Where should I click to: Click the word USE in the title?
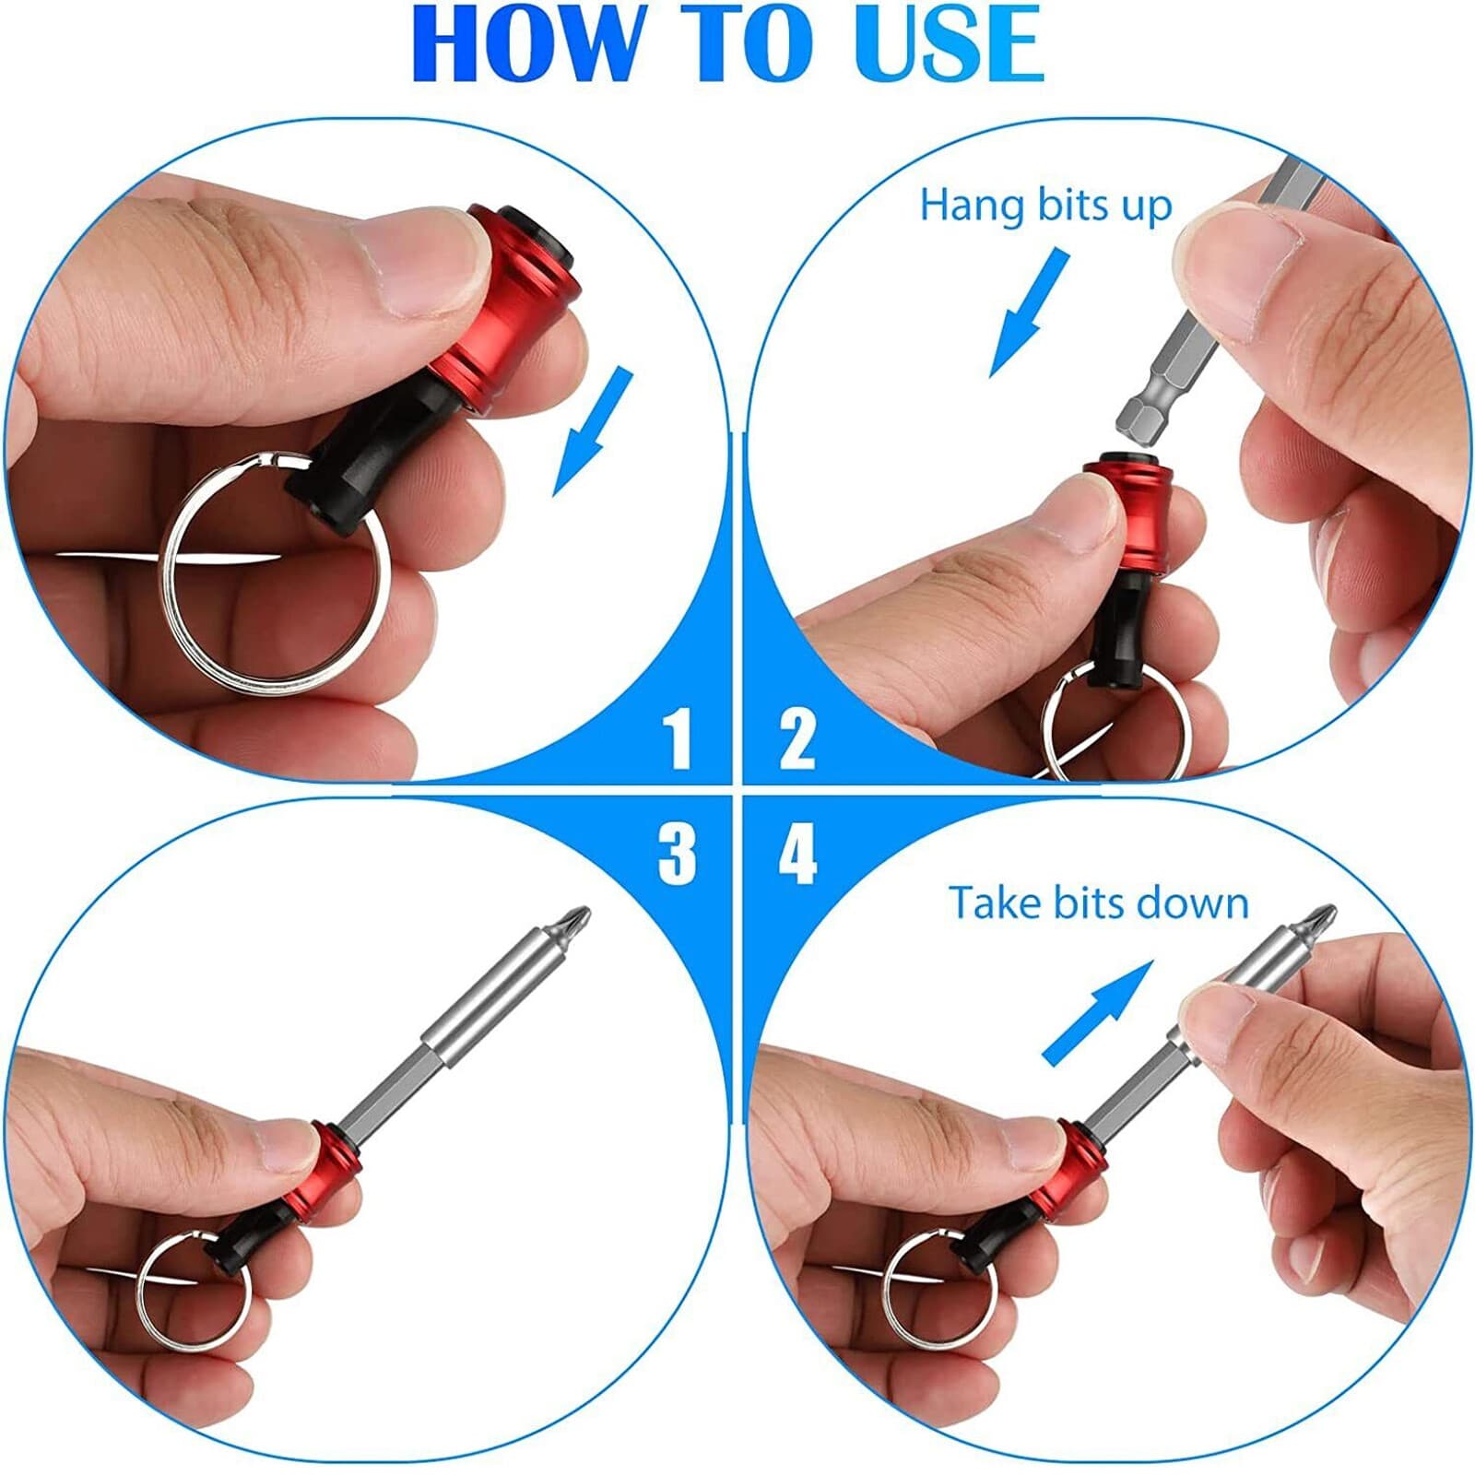(x=950, y=44)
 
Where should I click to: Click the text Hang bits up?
(x=1045, y=205)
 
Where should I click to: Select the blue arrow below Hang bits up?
(x=1029, y=313)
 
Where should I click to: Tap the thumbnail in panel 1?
(x=429, y=263)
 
